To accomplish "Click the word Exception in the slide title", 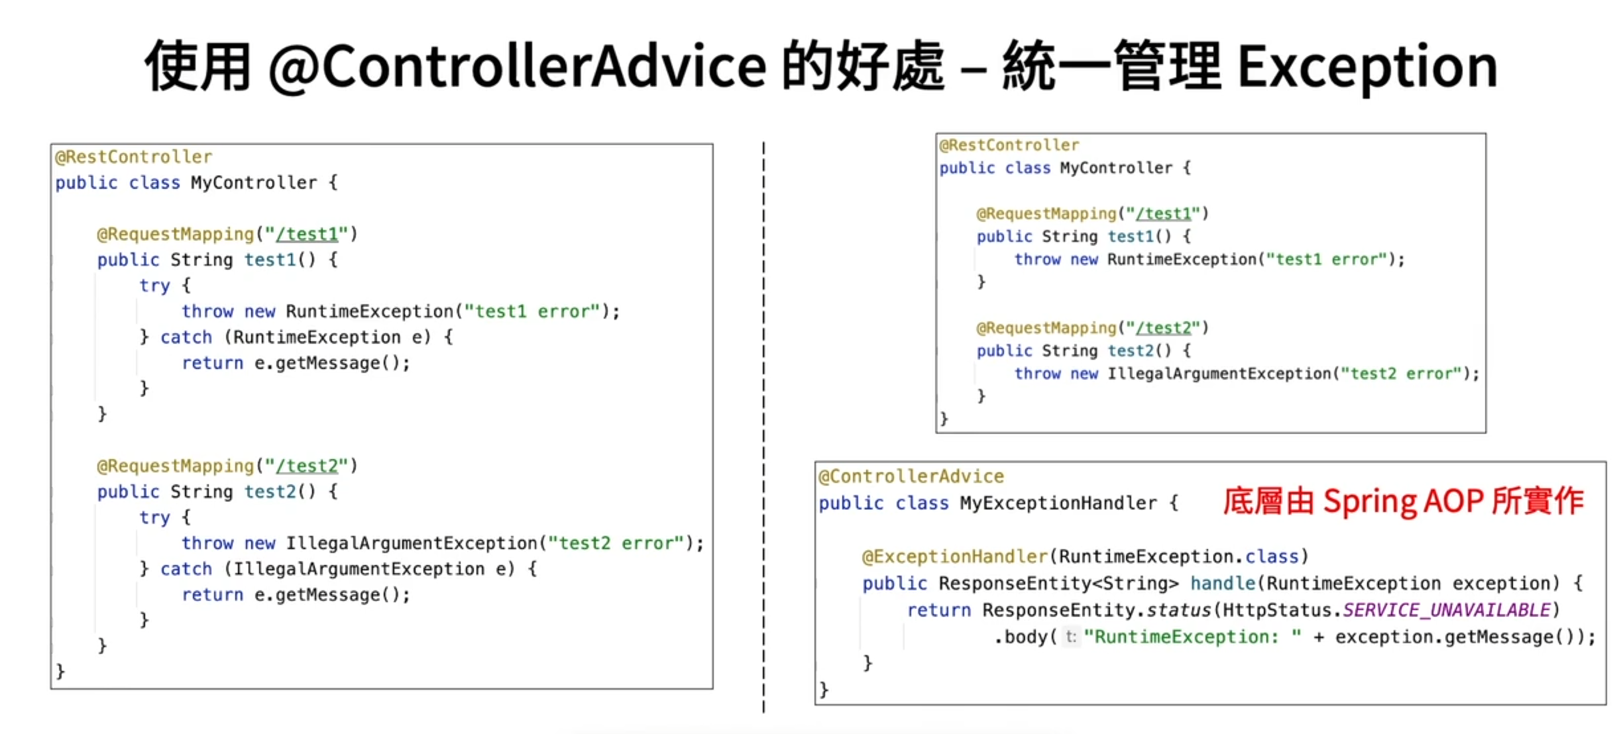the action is click(x=1366, y=68).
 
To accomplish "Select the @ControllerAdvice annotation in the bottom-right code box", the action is click(x=911, y=476).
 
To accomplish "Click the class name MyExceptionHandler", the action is click(x=1058, y=503).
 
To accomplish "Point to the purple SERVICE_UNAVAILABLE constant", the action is click(x=1446, y=610).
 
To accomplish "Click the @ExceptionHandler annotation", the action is click(x=954, y=556).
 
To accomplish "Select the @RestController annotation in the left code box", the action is click(x=133, y=157).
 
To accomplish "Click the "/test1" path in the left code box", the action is click(x=306, y=235).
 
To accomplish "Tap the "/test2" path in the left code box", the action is click(x=306, y=466).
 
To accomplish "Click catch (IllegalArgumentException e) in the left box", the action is click(x=338, y=569).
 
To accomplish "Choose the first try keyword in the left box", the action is click(x=154, y=286).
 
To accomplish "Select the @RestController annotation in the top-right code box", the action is click(x=1009, y=145).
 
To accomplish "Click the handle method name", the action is click(x=1222, y=584).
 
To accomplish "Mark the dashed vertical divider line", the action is click(x=763, y=424).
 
